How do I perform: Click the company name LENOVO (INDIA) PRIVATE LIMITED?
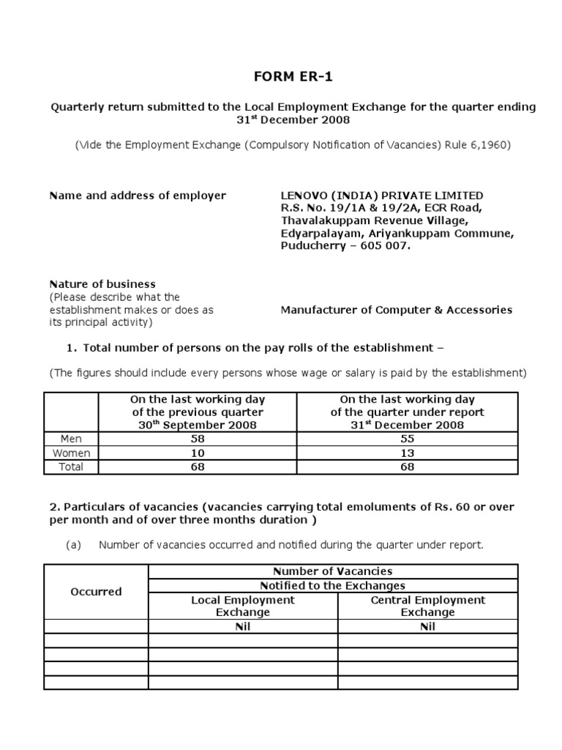[x=382, y=196]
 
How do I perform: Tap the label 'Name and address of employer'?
[x=138, y=196]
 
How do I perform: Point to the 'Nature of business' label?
[x=102, y=284]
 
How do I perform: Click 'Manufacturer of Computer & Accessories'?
[x=397, y=310]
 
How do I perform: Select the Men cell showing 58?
[x=197, y=439]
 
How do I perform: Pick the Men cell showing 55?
[x=407, y=439]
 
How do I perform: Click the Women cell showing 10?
[x=197, y=453]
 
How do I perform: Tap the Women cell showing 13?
[x=407, y=453]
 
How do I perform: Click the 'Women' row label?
[x=72, y=453]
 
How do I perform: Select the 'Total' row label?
[x=72, y=467]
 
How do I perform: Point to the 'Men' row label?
[x=72, y=439]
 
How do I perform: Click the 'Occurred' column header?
[x=96, y=592]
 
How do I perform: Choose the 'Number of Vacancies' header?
[x=333, y=571]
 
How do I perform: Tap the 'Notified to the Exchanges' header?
[x=333, y=585]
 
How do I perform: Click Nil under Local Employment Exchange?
[x=243, y=627]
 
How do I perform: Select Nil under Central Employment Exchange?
[x=428, y=627]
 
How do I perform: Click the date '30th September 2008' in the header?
[x=197, y=426]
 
